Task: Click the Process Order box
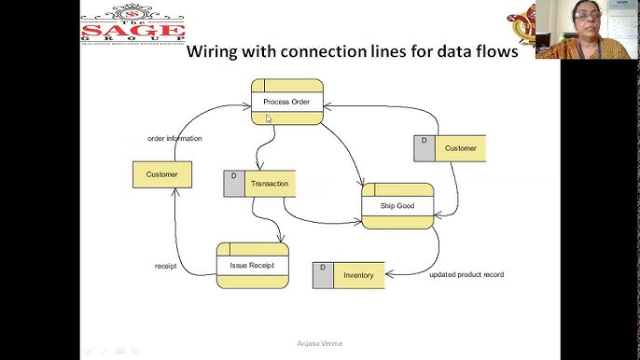[x=286, y=102]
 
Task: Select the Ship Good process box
[x=397, y=205]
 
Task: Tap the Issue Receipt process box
[x=252, y=266]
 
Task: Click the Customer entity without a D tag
[x=161, y=173]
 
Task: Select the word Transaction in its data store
[x=270, y=184]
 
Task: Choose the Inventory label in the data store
[x=358, y=276]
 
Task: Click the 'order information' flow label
[x=174, y=139]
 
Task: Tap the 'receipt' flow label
[x=165, y=267]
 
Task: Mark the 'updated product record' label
[x=466, y=275]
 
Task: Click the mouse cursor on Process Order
[x=269, y=118]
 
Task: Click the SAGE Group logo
[x=132, y=22]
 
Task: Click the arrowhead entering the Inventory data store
[x=388, y=274]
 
